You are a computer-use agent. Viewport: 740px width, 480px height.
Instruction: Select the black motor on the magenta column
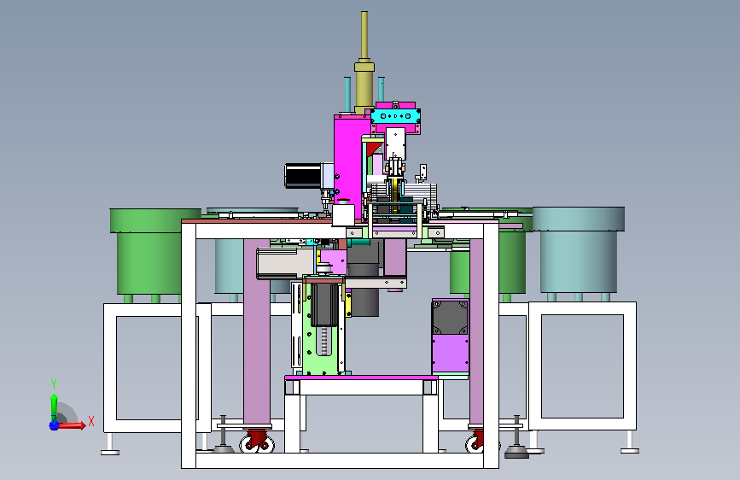[304, 175]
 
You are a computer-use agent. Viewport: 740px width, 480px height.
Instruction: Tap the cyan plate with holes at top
[395, 116]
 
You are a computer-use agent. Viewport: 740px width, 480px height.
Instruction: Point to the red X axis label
[91, 421]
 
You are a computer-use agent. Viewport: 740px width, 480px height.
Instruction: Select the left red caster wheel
[257, 441]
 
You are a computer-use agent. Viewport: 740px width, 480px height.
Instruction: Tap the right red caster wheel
[475, 441]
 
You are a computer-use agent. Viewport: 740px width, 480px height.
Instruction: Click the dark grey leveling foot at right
[516, 442]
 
